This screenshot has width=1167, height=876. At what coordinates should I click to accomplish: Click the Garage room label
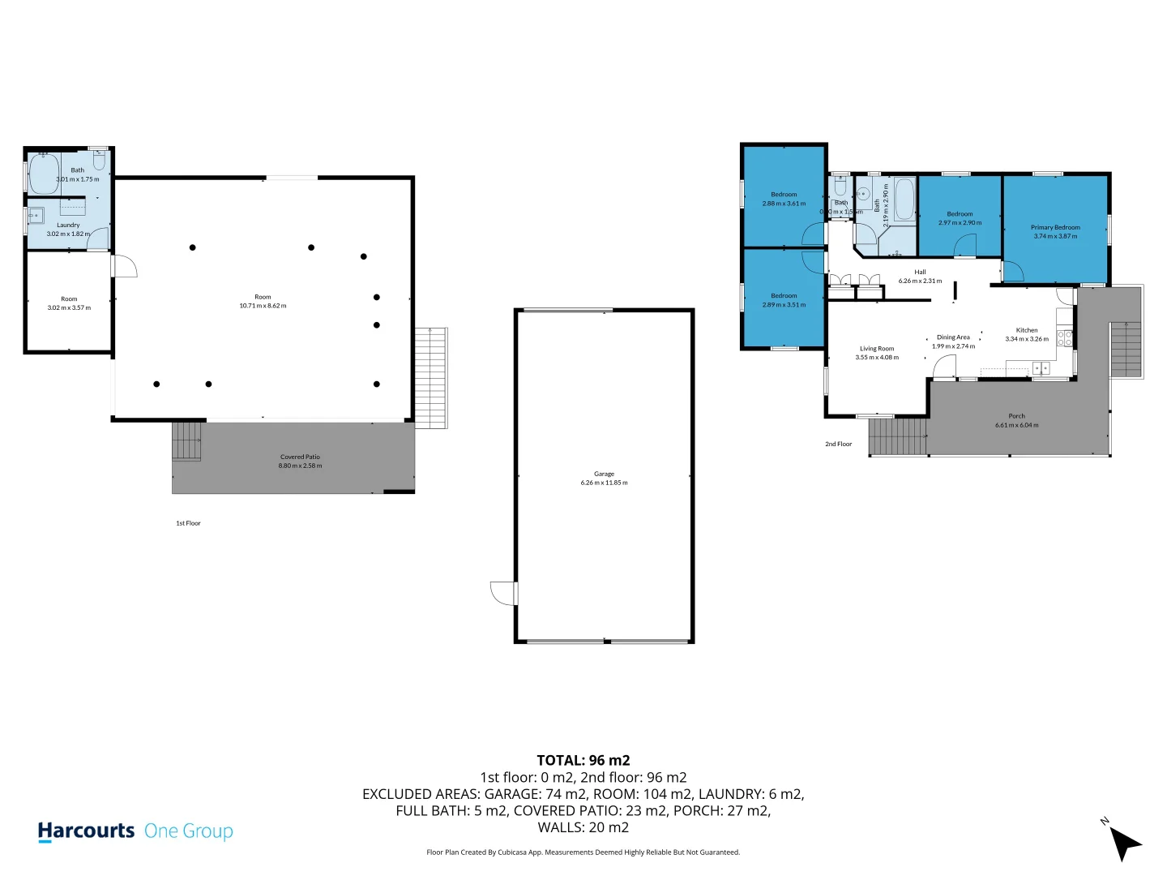(x=604, y=474)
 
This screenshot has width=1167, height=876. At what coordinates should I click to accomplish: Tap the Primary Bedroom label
(x=1055, y=228)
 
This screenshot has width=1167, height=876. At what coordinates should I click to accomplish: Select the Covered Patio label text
(x=300, y=457)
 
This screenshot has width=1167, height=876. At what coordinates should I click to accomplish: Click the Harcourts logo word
(x=86, y=831)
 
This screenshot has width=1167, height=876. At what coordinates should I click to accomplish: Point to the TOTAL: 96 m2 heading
(x=583, y=760)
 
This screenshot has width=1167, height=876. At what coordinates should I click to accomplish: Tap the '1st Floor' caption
(x=188, y=523)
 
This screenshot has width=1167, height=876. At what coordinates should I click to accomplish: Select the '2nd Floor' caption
(x=838, y=444)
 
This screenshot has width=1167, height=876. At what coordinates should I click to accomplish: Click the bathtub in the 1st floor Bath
(x=44, y=175)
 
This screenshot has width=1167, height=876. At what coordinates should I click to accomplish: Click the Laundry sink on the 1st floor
(x=36, y=216)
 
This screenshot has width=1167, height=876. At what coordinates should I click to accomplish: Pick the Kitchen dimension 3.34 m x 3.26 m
(x=1027, y=339)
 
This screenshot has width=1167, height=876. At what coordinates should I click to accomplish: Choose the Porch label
(x=1016, y=416)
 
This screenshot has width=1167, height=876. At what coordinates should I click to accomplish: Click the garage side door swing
(x=502, y=594)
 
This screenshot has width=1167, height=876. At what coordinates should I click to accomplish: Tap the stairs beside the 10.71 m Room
(x=430, y=377)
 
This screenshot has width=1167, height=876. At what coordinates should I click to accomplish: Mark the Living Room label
(x=877, y=349)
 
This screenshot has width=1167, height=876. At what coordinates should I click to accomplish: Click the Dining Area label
(x=953, y=337)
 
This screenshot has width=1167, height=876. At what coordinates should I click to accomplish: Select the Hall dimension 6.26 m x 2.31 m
(x=920, y=281)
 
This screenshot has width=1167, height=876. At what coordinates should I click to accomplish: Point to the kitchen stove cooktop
(x=1065, y=338)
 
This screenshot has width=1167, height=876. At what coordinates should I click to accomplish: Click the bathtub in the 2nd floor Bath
(x=904, y=200)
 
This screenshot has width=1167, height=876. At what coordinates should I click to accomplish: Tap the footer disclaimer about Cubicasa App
(x=583, y=852)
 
